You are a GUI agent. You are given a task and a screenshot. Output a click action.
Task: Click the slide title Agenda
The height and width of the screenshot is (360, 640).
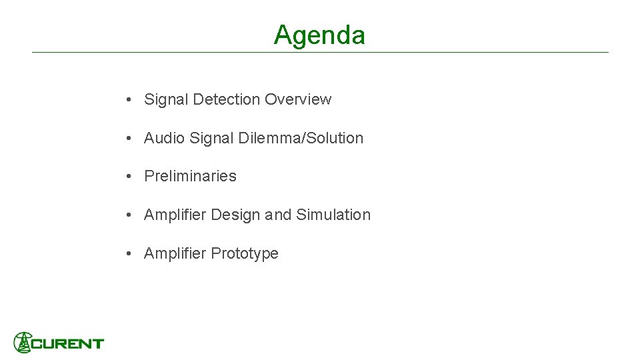[x=319, y=35]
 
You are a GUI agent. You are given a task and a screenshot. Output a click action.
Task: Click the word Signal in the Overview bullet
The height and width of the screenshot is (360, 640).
[x=166, y=99]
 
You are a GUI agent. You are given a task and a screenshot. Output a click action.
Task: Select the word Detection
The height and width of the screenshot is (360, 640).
[x=227, y=99]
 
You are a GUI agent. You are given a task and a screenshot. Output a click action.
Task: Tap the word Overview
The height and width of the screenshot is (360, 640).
[x=297, y=99]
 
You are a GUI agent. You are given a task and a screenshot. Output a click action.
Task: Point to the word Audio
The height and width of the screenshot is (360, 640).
[x=164, y=138]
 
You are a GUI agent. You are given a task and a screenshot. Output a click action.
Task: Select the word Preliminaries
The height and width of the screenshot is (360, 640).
[x=190, y=176]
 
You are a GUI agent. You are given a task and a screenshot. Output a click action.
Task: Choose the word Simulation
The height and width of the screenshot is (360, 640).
[x=333, y=215]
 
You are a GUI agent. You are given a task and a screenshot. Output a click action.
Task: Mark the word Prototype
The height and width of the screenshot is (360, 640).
[x=245, y=253]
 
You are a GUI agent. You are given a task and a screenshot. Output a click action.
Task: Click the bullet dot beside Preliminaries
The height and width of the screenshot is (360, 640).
[x=127, y=177]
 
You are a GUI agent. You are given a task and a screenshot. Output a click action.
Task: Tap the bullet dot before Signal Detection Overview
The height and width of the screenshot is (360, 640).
[x=127, y=100]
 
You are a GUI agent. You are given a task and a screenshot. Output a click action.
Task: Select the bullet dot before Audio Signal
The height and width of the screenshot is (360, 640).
[x=127, y=139]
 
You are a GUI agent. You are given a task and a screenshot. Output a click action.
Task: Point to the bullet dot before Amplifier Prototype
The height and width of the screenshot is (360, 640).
[x=127, y=254]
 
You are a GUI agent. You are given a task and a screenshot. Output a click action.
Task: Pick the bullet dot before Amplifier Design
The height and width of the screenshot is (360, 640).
[x=127, y=215]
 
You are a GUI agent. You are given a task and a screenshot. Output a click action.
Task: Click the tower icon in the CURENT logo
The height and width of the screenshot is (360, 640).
[x=23, y=343]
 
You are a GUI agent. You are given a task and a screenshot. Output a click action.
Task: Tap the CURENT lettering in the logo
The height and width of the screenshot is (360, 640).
[x=67, y=344]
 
